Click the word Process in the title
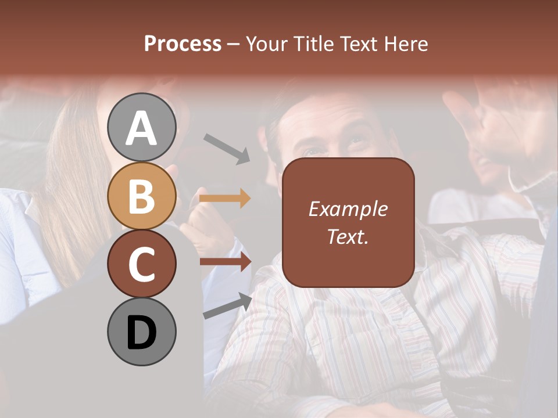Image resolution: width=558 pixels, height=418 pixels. tap(183, 44)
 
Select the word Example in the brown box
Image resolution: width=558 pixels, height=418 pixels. tap(348, 209)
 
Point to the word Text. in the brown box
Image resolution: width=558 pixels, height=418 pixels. tap(348, 236)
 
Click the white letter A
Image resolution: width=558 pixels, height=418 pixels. tap(142, 128)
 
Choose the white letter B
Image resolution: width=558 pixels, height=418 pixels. tap(142, 196)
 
